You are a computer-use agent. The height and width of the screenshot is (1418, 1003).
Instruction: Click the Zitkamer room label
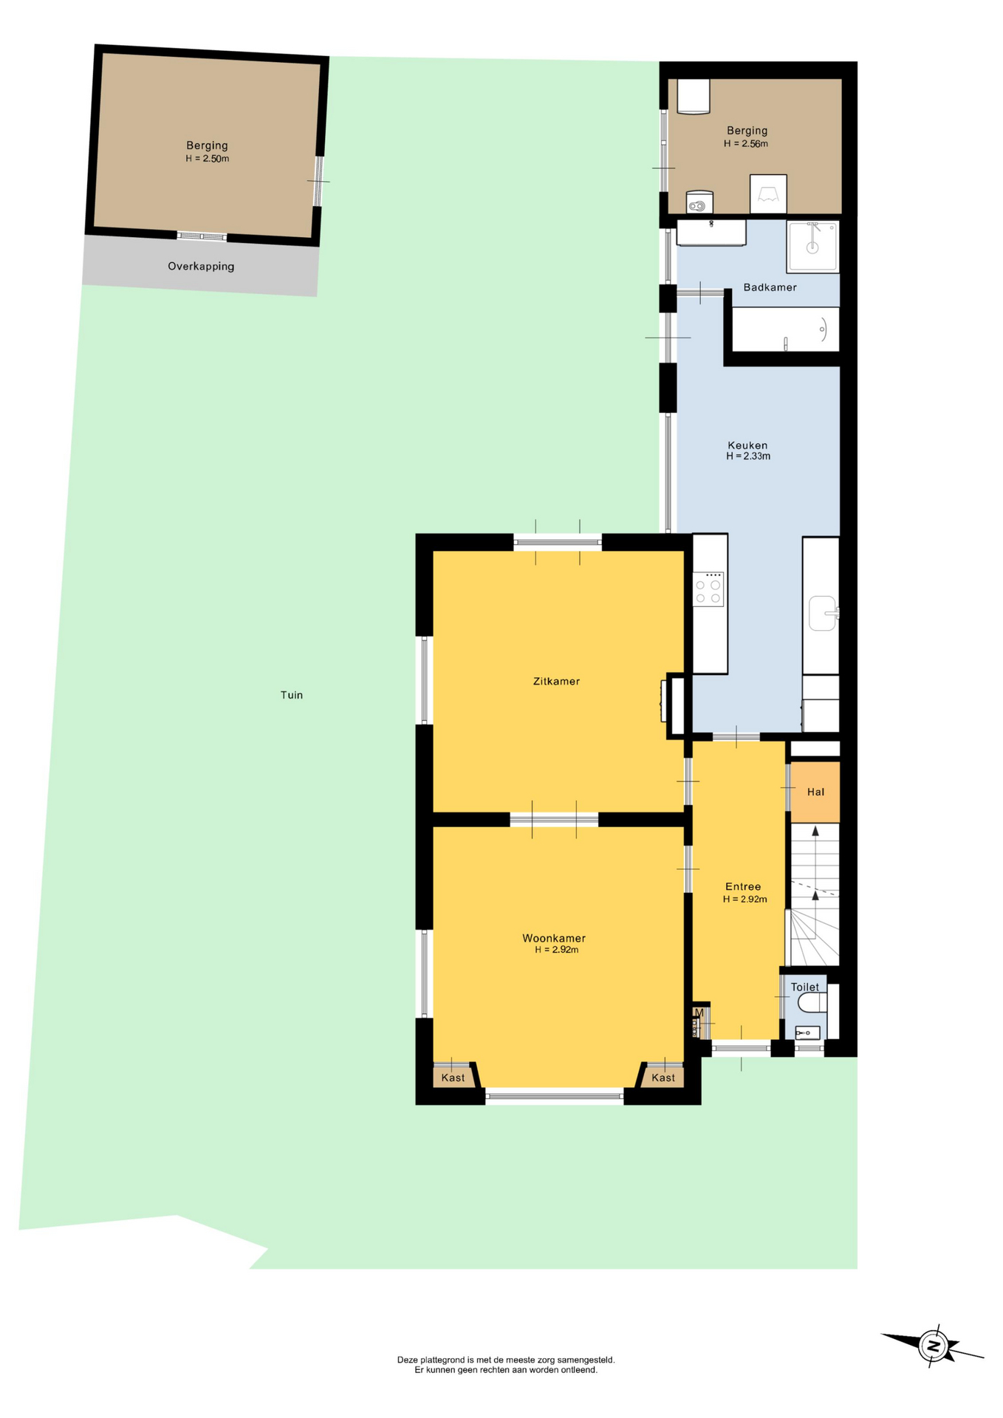556,681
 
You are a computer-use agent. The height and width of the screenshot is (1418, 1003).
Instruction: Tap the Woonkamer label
554,938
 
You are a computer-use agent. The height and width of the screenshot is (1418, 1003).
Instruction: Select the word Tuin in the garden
292,695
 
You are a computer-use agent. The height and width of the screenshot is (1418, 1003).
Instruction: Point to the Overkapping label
201,267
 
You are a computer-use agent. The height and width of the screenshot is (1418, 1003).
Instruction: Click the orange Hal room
815,792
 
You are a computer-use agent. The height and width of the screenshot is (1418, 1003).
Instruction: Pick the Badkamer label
770,287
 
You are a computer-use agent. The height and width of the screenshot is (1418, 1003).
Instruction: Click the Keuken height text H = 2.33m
748,456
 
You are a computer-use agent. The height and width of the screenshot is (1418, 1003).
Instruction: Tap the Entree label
743,887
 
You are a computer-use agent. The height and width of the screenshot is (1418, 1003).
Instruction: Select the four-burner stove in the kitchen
708,589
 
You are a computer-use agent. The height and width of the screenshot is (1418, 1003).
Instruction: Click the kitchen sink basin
823,613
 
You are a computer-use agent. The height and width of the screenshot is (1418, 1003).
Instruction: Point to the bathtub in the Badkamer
786,329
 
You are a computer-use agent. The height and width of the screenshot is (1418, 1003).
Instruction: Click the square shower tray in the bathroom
812,247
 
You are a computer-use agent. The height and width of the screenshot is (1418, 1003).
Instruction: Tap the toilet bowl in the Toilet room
812,1002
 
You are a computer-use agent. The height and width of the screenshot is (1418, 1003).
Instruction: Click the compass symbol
933,1346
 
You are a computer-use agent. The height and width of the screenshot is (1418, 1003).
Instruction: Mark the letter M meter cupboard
699,1013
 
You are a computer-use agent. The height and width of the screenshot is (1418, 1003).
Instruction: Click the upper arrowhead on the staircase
815,831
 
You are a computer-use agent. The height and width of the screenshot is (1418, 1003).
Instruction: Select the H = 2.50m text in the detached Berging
208,159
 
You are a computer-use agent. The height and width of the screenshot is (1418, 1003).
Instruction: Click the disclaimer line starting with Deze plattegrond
506,1360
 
